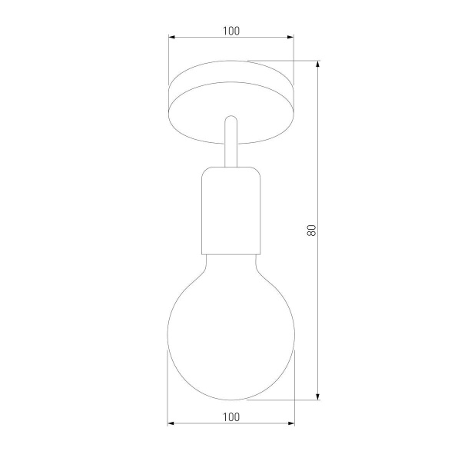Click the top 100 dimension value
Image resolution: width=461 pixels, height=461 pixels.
click(x=230, y=31)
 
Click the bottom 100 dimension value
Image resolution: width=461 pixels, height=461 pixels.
click(x=230, y=416)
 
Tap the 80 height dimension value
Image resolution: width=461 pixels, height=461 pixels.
click(x=311, y=230)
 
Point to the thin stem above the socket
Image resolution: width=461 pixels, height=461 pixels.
click(x=230, y=146)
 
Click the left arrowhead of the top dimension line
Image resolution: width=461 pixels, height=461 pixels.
click(x=172, y=37)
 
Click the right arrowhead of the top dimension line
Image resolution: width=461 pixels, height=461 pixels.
click(x=290, y=37)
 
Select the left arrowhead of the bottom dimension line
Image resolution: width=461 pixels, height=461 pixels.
click(x=172, y=423)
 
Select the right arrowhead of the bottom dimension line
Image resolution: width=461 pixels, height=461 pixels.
click(x=290, y=423)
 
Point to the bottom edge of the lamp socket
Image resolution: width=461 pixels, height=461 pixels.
click(x=230, y=254)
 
